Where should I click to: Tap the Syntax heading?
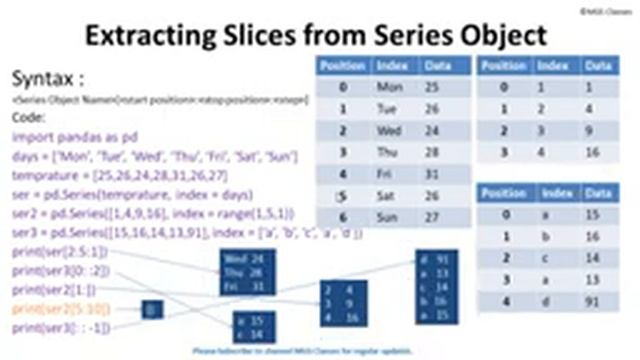click(x=46, y=79)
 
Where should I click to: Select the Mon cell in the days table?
click(x=389, y=87)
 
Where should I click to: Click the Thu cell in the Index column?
click(x=388, y=151)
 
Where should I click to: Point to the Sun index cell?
click(x=388, y=216)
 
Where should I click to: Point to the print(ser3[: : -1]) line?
click(x=62, y=327)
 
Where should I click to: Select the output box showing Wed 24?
click(x=248, y=271)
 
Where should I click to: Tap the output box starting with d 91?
click(x=435, y=286)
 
